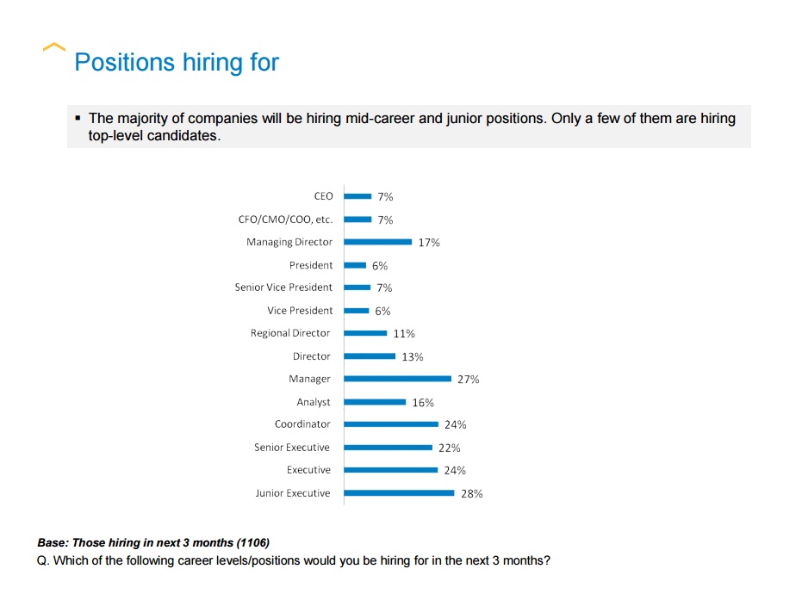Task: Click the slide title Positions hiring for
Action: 177,63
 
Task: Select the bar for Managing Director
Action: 377,242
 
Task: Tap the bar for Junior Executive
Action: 399,493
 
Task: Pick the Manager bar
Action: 397,379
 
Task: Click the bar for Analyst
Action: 375,402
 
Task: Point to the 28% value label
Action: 472,494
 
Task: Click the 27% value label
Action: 469,380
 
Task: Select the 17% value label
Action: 429,243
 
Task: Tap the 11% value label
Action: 404,334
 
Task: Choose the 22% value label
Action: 450,448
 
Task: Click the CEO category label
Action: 323,196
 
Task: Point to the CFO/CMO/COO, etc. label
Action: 285,220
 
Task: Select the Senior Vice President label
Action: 283,288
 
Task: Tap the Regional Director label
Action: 290,333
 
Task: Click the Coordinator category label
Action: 302,424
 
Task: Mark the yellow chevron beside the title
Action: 53,47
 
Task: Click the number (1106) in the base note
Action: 252,543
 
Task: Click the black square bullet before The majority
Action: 78,118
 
